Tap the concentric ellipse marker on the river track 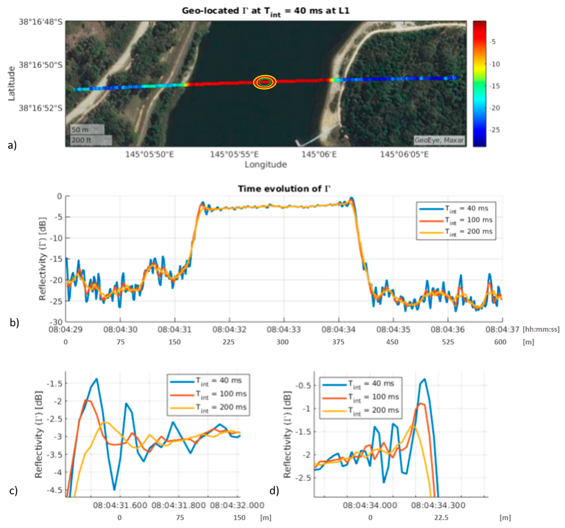click(265, 82)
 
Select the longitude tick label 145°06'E click(319, 154)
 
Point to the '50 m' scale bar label click(80, 130)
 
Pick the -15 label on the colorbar click(495, 86)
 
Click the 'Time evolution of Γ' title click(284, 189)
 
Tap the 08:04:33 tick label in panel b click(284, 329)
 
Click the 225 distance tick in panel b click(229, 342)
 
